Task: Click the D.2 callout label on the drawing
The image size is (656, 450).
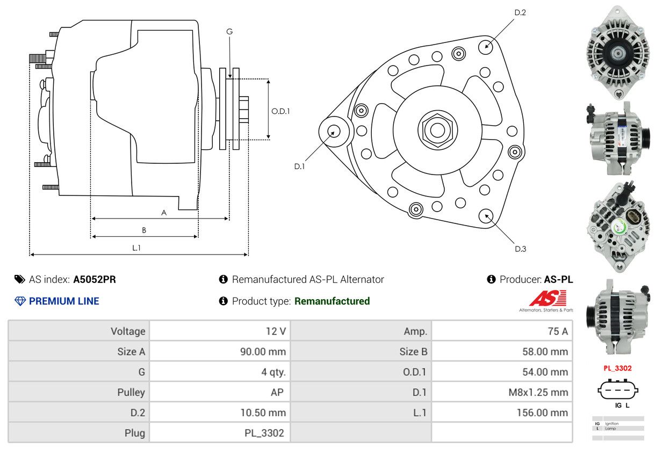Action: (x=520, y=12)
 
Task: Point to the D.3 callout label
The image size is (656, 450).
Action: (x=520, y=249)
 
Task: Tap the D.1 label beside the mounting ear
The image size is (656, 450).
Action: (x=299, y=166)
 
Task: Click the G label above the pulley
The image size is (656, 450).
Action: (x=229, y=32)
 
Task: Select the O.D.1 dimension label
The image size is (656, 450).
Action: (x=280, y=111)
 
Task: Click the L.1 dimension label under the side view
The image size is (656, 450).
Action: (x=136, y=248)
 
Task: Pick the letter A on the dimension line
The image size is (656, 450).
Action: (x=164, y=213)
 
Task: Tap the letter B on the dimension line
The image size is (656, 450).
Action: (x=144, y=230)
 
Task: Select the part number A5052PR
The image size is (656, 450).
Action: (x=95, y=279)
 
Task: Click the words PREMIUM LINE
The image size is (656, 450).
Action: (x=64, y=301)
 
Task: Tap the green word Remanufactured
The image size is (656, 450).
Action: (x=332, y=301)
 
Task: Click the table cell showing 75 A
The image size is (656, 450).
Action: (x=557, y=331)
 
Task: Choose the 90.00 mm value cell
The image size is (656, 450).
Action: (x=263, y=352)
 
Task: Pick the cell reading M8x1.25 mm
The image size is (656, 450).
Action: (x=538, y=392)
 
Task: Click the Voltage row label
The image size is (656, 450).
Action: (x=128, y=331)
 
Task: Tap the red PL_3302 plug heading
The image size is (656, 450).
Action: (x=617, y=368)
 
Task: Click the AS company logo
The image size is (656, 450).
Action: (x=547, y=299)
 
